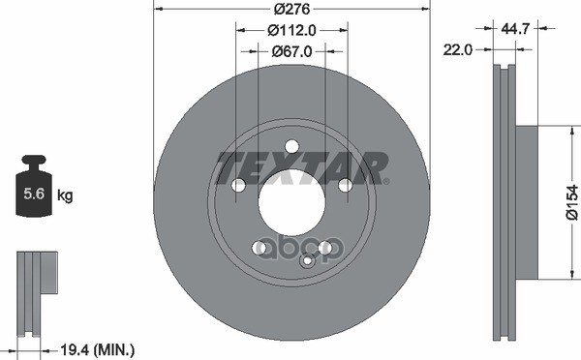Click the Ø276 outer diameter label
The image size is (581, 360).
[x=291, y=9]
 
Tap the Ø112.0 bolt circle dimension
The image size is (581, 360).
[x=291, y=30]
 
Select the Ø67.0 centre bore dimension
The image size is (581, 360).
[x=291, y=51]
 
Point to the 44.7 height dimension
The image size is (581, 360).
[x=515, y=28]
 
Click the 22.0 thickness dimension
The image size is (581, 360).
[x=458, y=49]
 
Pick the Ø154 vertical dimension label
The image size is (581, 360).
[x=571, y=202]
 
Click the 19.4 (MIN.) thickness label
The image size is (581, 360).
[x=97, y=349]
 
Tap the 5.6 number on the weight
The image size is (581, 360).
[x=34, y=194]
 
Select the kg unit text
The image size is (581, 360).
[x=65, y=195]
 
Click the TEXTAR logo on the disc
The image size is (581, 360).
[x=302, y=167]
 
